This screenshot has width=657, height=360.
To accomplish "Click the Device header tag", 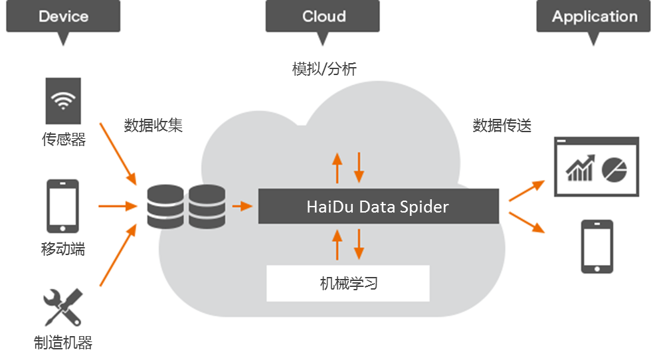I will point(63,17).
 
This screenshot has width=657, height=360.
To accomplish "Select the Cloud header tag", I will point(324,17).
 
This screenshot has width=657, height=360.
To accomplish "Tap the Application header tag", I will point(594,17).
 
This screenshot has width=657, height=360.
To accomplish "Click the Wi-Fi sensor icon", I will point(63,101).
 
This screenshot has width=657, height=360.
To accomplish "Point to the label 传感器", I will point(63,140).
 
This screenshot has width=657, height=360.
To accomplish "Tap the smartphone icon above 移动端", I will point(62,205).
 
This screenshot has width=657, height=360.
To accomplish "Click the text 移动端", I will point(63,249).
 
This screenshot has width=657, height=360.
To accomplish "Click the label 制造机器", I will point(63,343).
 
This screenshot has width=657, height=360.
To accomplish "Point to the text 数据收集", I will point(153,125).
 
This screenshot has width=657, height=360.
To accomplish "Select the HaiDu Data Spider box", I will point(378,207).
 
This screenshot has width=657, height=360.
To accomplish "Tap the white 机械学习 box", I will point(348,284).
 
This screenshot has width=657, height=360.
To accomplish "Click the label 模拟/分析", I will point(324,68).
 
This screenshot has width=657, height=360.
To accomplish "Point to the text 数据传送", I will point(502,125).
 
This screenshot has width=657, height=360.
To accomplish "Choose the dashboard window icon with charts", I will point(596,167).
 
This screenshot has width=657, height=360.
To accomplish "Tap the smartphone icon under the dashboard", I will point(597,246).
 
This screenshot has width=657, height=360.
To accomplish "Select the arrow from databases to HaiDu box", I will point(242,207).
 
